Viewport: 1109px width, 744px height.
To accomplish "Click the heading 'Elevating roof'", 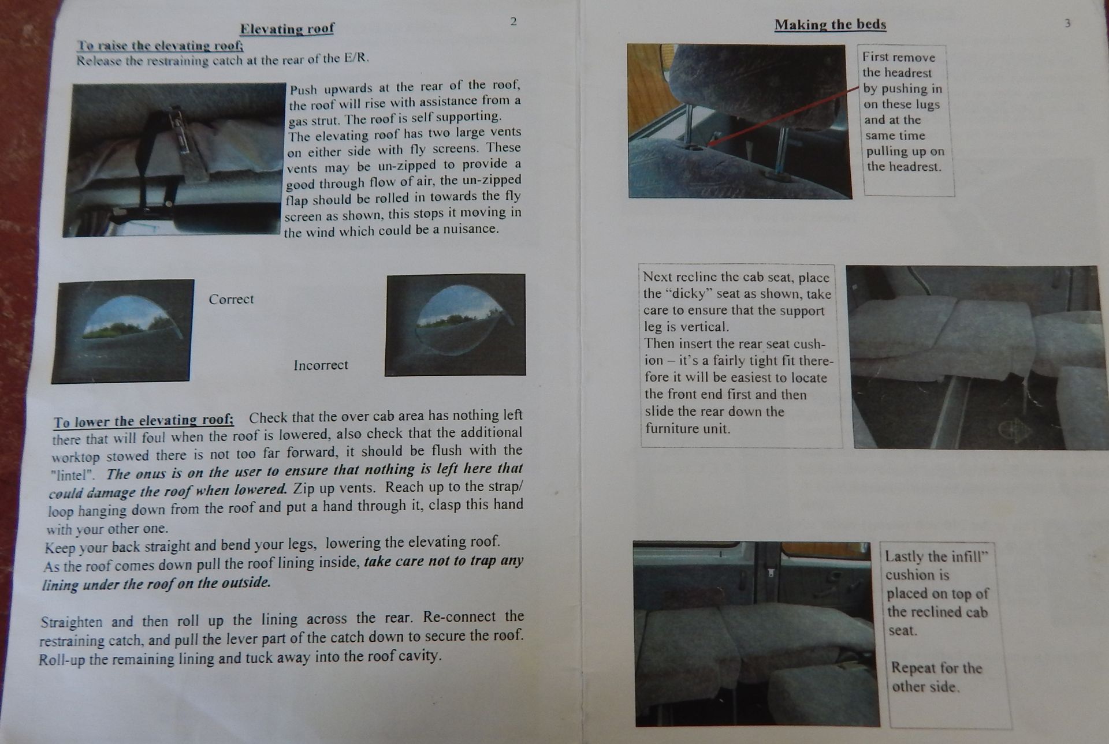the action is tap(287, 29).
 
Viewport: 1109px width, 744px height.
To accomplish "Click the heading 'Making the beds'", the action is tap(830, 25).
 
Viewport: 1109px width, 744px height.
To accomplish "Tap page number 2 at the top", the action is tap(513, 22).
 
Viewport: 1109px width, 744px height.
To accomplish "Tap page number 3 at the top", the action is tap(1067, 24).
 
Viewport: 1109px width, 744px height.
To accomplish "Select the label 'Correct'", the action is tap(231, 299).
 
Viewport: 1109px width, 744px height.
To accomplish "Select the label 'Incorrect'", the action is tap(321, 365).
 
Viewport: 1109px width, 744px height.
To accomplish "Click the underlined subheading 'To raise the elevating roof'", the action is tap(160, 46).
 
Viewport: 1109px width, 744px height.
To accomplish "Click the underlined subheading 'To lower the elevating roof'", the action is tap(144, 421).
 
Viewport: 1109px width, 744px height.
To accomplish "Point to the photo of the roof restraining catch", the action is tap(174, 160).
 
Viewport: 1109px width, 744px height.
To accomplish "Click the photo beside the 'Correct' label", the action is tap(122, 331).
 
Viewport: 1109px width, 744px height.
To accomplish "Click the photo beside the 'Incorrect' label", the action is tap(455, 325).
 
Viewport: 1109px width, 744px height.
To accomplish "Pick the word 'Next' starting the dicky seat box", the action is tap(657, 277).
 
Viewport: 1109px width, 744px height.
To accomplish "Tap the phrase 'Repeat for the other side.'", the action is tap(936, 677).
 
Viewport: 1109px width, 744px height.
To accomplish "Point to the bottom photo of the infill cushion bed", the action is tap(756, 634).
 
